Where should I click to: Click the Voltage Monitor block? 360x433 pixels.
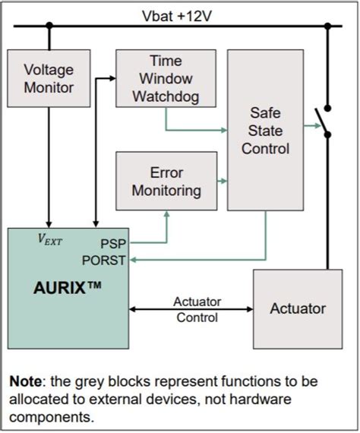coord(49,78)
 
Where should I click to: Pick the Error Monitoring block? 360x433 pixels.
coord(166,181)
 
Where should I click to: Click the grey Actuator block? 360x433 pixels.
coord(298,308)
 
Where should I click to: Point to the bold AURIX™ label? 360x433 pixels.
coord(68,289)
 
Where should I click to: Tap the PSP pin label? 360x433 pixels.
coord(113,245)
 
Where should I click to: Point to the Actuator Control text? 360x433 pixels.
coord(197,309)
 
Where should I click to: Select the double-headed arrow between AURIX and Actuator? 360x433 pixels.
coord(191,309)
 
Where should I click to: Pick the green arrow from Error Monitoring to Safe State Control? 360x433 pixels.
coord(222,181)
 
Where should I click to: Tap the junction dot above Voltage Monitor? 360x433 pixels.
coord(49,25)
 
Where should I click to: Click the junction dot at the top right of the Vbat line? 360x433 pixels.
coord(328,25)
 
